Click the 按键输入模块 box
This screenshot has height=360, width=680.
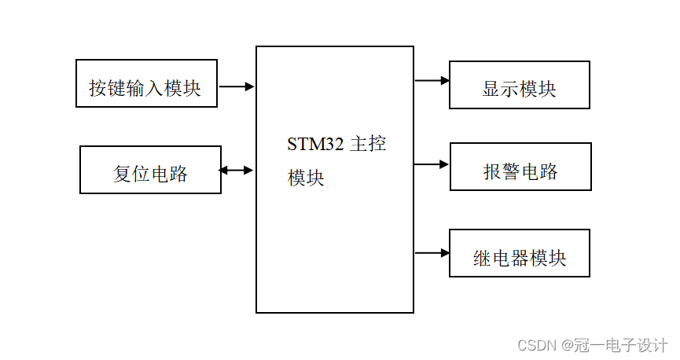tap(146, 83)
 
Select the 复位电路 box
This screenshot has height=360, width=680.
tap(150, 170)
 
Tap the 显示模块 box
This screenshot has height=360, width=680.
tap(519, 85)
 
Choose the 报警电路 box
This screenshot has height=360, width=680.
tap(520, 167)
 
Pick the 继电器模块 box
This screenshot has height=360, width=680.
tap(519, 253)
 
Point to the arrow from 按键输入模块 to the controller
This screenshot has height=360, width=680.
tap(237, 86)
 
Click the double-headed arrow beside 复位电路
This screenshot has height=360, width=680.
tap(237, 170)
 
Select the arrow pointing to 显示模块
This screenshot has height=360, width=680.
tap(432, 80)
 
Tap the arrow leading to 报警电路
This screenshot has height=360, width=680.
tap(432, 164)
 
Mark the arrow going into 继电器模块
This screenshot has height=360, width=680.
tap(432, 253)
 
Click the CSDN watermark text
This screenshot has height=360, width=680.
tap(535, 345)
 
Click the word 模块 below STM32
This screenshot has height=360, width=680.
tap(306, 178)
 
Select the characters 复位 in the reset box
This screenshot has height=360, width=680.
tap(131, 174)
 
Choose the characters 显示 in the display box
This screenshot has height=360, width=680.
tap(500, 89)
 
